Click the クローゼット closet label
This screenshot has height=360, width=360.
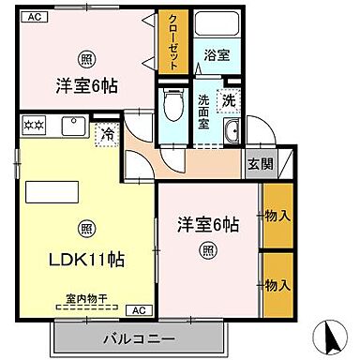pos(173,42)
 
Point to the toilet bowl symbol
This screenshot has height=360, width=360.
pos(172,104)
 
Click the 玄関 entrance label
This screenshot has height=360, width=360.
pos(259,164)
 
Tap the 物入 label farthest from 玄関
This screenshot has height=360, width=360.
pos(277,284)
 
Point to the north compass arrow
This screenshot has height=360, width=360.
pos(330,333)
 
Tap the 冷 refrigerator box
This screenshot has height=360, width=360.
pos(109,137)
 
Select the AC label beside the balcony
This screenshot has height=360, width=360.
pos(136,309)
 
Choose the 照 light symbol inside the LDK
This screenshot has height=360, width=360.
pos(85,227)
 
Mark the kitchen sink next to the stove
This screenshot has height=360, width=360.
pos(74,125)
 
